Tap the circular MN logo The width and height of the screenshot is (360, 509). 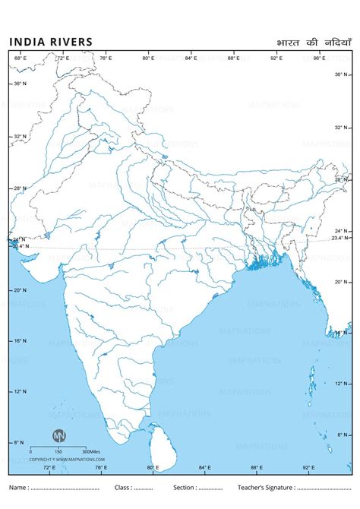pyautogui.click(x=58, y=436)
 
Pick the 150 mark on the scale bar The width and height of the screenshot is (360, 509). pyautogui.click(x=58, y=452)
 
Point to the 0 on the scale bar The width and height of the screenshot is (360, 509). pyautogui.click(x=31, y=452)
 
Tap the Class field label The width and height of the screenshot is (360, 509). pyautogui.click(x=122, y=487)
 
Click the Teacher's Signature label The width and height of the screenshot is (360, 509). pyautogui.click(x=267, y=487)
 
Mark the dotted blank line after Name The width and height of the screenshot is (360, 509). pyautogui.click(x=65, y=488)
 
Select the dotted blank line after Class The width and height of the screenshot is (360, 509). pyautogui.click(x=144, y=488)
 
